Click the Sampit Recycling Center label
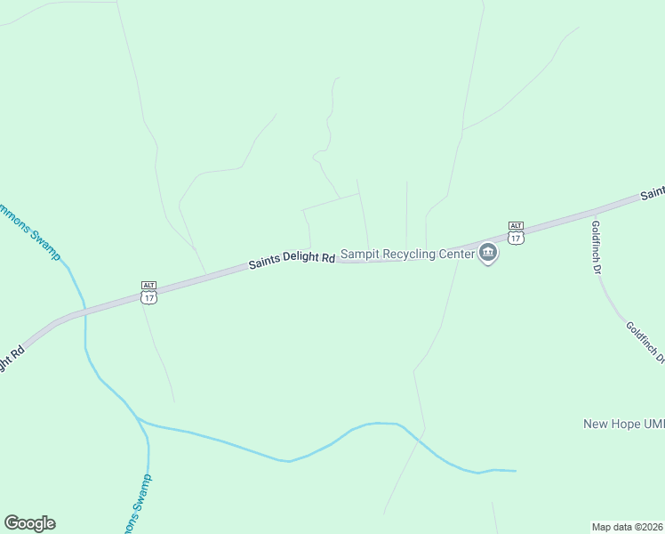click(408, 255)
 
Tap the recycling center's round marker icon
click(488, 254)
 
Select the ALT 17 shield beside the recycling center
click(516, 233)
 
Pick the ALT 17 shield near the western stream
click(148, 293)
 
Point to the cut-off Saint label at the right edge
click(653, 192)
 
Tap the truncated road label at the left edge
click(11, 360)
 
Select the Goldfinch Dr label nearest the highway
click(597, 247)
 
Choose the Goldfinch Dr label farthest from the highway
click(645, 343)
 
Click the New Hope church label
click(623, 424)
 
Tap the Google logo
click(29, 523)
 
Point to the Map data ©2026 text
click(627, 527)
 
